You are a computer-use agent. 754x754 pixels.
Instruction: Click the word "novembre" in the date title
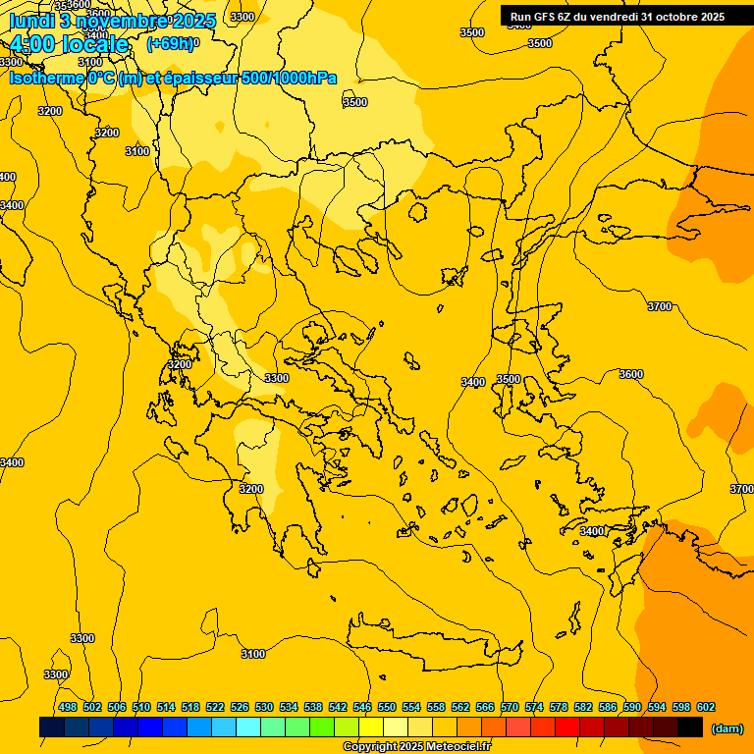pyautogui.click(x=127, y=21)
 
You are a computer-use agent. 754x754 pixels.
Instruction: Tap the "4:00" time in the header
pyautogui.click(x=34, y=44)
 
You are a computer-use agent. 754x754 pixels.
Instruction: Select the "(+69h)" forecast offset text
pyautogui.click(x=170, y=44)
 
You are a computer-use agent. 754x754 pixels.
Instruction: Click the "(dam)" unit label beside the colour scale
pyautogui.click(x=727, y=727)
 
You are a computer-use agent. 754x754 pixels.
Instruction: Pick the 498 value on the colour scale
pyautogui.click(x=68, y=707)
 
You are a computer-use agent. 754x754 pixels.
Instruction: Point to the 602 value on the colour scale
pyautogui.click(x=706, y=707)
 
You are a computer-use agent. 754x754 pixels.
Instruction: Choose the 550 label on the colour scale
pyautogui.click(x=387, y=707)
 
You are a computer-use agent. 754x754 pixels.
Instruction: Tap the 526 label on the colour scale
pyautogui.click(x=240, y=707)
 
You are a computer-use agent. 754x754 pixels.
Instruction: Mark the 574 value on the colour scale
pyautogui.click(x=534, y=707)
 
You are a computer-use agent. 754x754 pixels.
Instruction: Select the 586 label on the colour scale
pyautogui.click(x=608, y=707)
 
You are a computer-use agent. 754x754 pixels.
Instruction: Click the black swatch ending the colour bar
pyautogui.click(x=690, y=727)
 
